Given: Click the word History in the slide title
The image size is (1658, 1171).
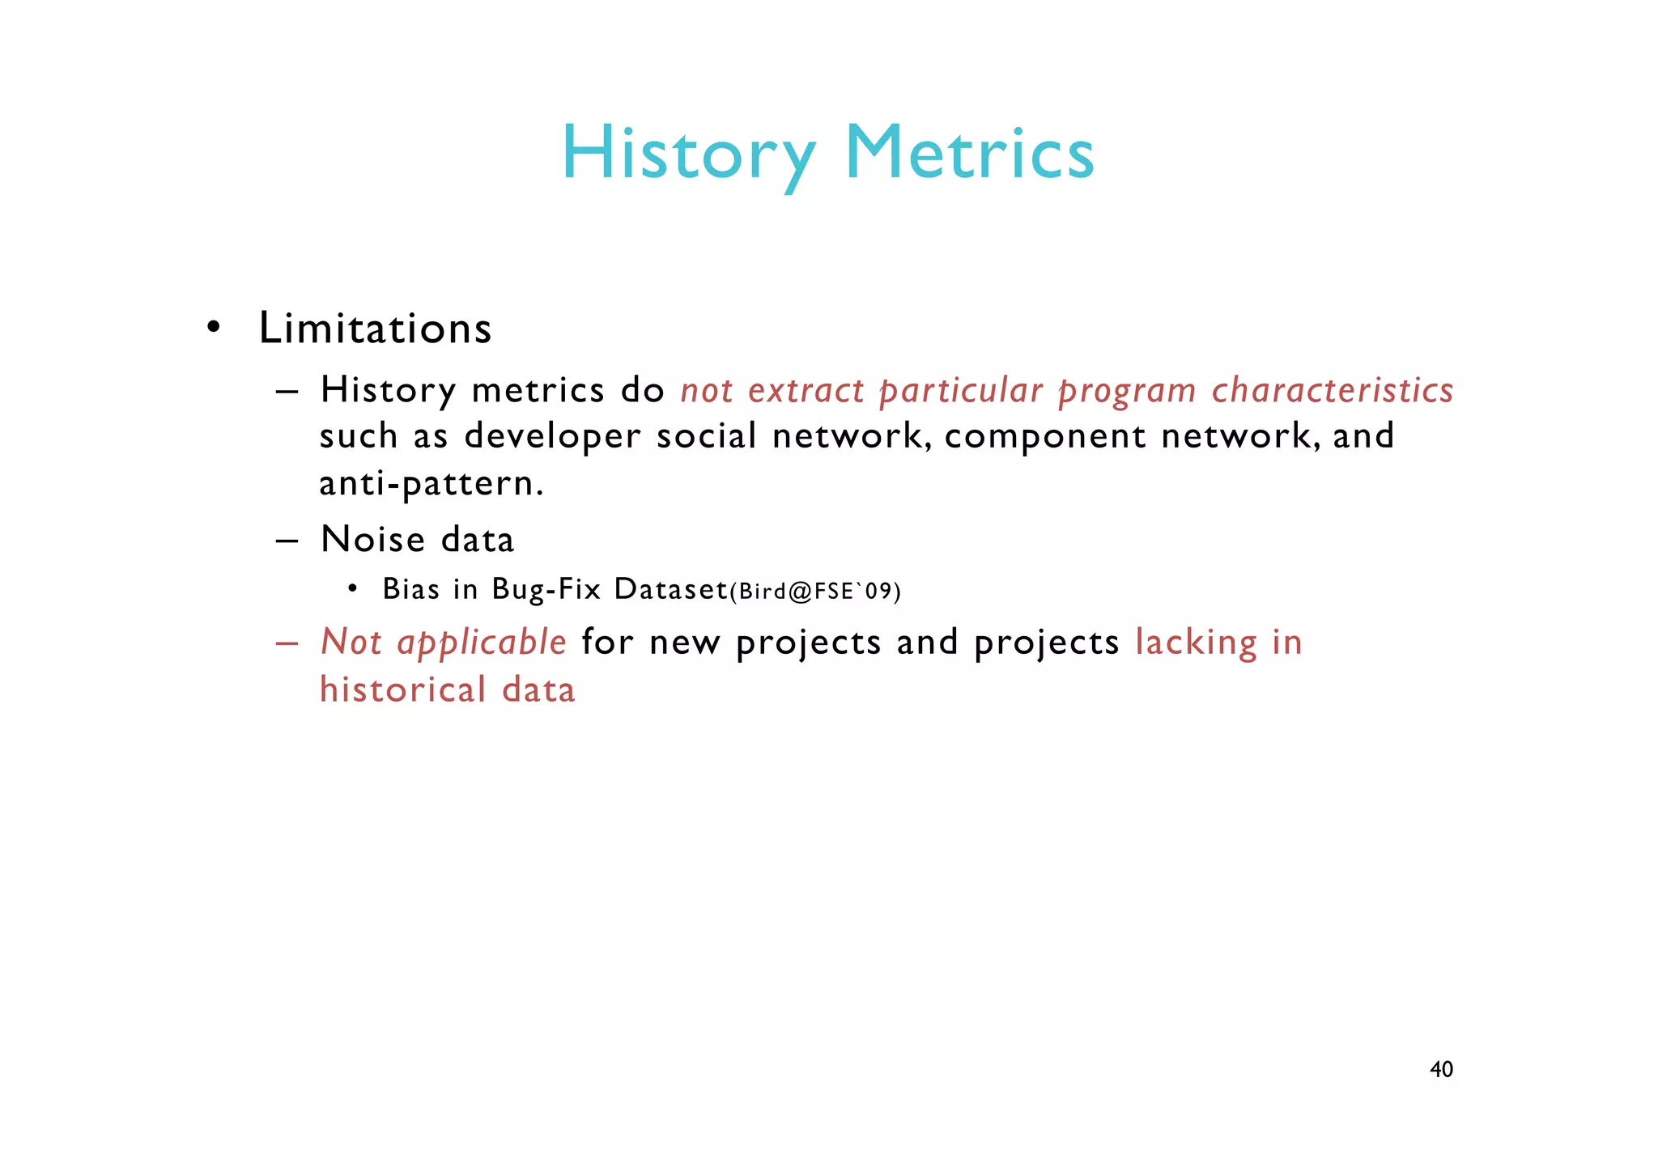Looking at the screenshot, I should [688, 154].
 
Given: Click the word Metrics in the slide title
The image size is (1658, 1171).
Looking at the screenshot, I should [969, 154].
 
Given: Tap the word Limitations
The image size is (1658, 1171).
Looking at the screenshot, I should [375, 329].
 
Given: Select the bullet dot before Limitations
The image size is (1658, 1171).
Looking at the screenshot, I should [213, 328].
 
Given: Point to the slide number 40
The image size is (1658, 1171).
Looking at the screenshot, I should [1441, 1069].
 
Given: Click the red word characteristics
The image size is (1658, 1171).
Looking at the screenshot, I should [1333, 390].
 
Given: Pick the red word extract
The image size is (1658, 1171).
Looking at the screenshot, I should [806, 390].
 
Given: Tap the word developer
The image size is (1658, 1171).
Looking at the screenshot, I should [552, 437].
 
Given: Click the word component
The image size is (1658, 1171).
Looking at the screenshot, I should [1044, 437].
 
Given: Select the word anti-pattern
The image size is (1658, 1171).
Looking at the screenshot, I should [431, 484].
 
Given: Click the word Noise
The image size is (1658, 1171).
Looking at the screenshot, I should [372, 540].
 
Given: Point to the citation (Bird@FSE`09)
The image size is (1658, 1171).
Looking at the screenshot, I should [815, 591].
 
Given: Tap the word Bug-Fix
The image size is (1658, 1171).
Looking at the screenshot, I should [546, 589].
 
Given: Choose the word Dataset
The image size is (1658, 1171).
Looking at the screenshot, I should [671, 589].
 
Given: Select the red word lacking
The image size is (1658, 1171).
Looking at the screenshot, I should [1196, 643].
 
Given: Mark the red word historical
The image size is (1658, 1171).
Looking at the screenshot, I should [402, 690].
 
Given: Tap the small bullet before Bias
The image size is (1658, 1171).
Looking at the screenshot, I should [352, 588].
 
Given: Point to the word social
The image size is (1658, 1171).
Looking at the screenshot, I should [706, 437].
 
